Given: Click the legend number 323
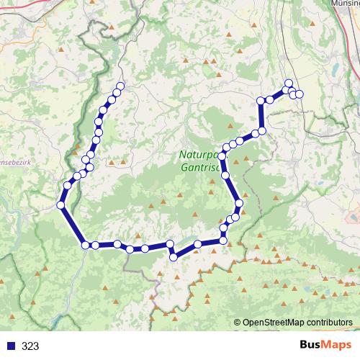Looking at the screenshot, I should click(31, 346).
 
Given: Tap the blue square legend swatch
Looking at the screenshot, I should click(11, 346).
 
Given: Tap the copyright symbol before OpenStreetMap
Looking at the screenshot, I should click(238, 323).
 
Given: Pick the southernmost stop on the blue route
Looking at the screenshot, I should click(174, 257).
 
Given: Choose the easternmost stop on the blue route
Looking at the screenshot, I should click(300, 94).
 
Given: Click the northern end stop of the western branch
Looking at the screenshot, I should click(120, 86).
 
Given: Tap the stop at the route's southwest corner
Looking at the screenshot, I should click(86, 245).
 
